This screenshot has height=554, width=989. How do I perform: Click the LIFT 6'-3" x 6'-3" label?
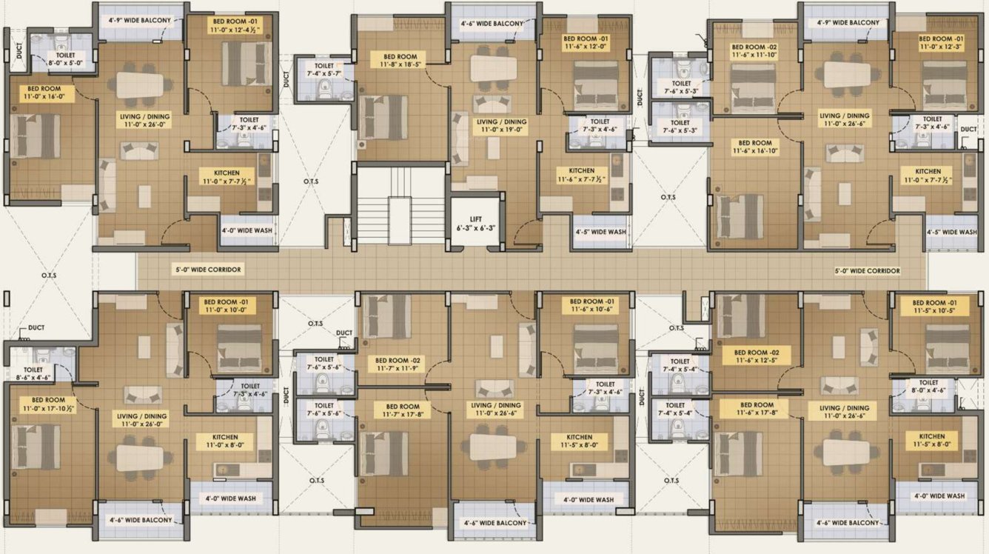pyautogui.click(x=476, y=224)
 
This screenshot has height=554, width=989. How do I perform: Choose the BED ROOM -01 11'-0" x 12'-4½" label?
pyautogui.click(x=229, y=25)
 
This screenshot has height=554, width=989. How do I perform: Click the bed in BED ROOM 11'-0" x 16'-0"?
pyautogui.click(x=35, y=136)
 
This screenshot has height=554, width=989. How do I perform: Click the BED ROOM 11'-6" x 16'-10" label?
pyautogui.click(x=755, y=147)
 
